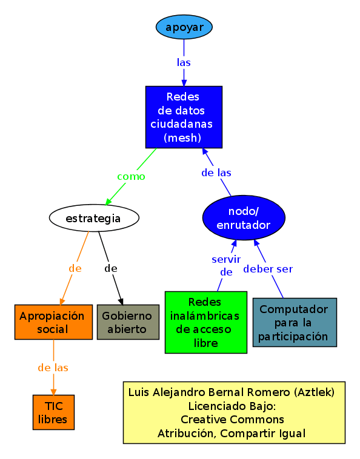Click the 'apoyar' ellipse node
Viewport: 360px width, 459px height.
184,27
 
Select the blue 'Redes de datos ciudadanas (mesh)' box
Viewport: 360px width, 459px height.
184,117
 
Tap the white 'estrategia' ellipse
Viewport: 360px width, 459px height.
94,218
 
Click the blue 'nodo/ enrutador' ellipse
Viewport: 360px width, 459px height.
244,217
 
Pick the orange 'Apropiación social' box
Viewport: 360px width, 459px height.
53,322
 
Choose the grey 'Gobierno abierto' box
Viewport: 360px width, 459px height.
128,322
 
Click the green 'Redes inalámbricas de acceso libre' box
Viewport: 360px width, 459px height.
205,322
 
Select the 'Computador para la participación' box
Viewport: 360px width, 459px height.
294,322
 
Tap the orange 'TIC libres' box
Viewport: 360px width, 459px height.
53,412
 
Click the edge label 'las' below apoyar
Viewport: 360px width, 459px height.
184,62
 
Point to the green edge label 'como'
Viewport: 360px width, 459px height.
131,177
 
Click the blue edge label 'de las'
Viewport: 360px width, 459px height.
216,173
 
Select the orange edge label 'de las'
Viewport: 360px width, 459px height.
53,368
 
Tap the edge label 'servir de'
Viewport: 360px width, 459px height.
226,265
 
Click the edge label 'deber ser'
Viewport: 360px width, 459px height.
268,269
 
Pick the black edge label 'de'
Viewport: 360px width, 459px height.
110,268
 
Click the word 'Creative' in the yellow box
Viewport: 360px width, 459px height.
202,419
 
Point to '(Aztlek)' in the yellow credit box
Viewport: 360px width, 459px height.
313,392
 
